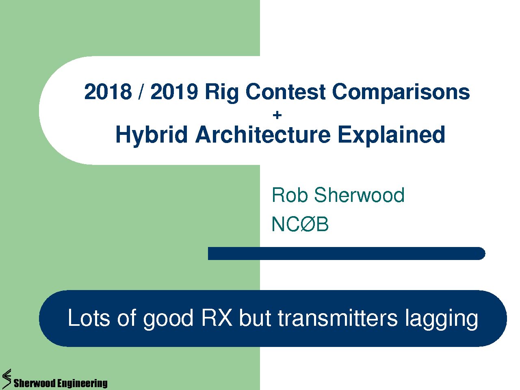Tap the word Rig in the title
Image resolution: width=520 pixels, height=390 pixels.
tap(222, 93)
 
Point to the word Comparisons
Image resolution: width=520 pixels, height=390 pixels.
tap(401, 93)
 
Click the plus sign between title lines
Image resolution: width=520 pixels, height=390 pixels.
tap(277, 115)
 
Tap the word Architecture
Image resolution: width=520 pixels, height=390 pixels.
tap(263, 134)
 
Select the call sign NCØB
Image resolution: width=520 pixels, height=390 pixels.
tap(300, 224)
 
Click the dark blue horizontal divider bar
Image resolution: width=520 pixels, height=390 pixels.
tap(347, 253)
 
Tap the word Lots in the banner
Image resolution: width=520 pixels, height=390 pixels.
tap(89, 318)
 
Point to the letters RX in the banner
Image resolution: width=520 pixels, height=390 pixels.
tap(217, 318)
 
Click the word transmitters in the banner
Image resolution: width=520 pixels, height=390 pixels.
tap(338, 318)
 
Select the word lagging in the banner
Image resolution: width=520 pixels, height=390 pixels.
tap(441, 320)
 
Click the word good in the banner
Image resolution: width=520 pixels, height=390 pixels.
tap(168, 320)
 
